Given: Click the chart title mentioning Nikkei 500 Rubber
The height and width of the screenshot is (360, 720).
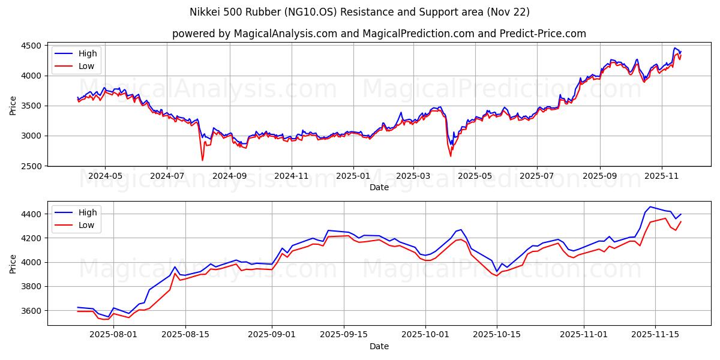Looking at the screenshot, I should pos(359,12).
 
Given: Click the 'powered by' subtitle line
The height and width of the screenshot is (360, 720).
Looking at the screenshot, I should pos(379,34).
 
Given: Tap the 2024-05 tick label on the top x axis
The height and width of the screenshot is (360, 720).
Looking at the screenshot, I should pos(105,176).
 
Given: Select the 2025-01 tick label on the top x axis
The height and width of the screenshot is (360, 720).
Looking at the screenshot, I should pos(353,176).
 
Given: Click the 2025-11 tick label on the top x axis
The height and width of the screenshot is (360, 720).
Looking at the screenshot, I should pos(661,176).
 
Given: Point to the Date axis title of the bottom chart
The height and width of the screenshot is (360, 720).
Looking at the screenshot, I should pos(379,346).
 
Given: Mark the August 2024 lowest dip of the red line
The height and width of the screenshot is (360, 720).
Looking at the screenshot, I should pos(202,160).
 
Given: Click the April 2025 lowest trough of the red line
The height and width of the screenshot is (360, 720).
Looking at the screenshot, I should pos(451,156).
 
